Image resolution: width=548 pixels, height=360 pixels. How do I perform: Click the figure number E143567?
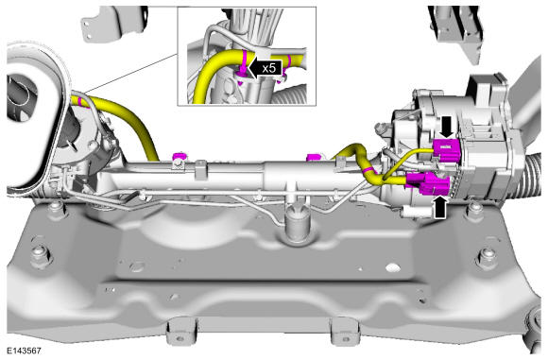coord(24,351)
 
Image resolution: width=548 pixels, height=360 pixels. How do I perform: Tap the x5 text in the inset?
coord(269,69)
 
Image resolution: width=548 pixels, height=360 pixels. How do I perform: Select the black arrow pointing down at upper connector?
coord(447,128)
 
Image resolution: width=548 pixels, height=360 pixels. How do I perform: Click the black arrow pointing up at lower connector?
coord(440,208)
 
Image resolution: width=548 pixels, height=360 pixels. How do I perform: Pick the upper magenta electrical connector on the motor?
coord(446,150)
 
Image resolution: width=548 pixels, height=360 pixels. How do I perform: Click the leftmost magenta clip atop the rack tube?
coord(180,156)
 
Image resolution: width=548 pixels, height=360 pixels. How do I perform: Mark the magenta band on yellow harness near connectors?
coord(368,170)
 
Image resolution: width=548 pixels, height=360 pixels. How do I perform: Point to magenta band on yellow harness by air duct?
coord(80,101)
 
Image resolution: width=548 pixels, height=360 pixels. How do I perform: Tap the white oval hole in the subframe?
coord(392,267)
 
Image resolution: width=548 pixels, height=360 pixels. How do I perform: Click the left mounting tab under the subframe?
coord(180,332)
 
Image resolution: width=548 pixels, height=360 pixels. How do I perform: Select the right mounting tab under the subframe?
coord(344,332)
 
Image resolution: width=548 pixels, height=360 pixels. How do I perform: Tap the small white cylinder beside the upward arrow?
coord(416,212)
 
